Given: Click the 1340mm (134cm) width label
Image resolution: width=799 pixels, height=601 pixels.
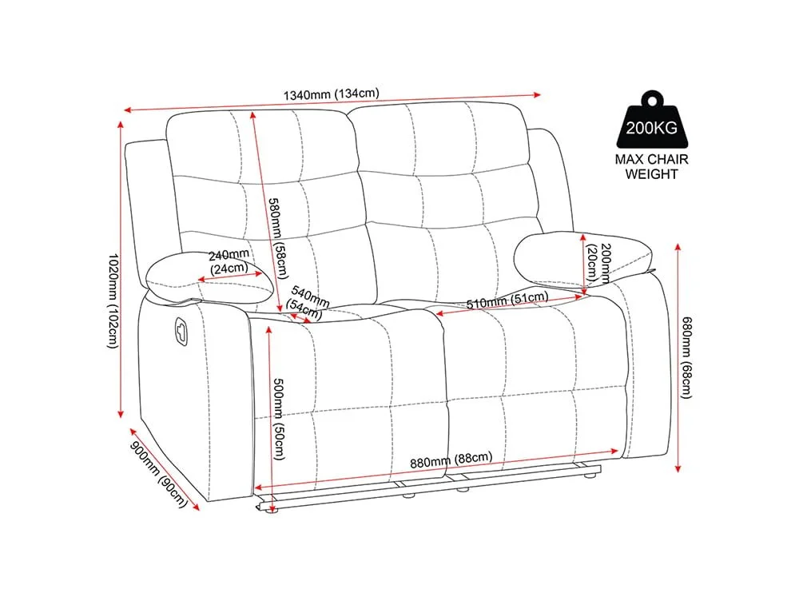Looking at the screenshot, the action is point(332,94).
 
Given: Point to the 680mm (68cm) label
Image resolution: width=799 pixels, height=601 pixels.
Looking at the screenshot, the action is point(687,357).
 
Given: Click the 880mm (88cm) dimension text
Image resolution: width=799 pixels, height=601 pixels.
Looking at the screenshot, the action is point(451,460).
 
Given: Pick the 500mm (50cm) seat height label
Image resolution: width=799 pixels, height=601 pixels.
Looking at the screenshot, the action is point(279,419).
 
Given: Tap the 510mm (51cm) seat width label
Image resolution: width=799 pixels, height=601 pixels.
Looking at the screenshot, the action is point(507,300).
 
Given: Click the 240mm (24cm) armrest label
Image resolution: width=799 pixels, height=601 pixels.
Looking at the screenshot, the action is point(229,261).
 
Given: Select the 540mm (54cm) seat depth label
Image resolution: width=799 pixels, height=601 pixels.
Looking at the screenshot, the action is point(308,303).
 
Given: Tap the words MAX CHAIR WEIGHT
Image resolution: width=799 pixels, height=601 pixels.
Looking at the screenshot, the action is point(651,167).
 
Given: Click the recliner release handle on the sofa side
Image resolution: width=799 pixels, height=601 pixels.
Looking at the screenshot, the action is point(181,330).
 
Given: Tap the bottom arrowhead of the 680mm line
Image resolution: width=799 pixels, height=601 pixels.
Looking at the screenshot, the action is point(678,469).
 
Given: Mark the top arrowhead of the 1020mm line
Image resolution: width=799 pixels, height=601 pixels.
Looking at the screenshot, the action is point(121,124).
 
